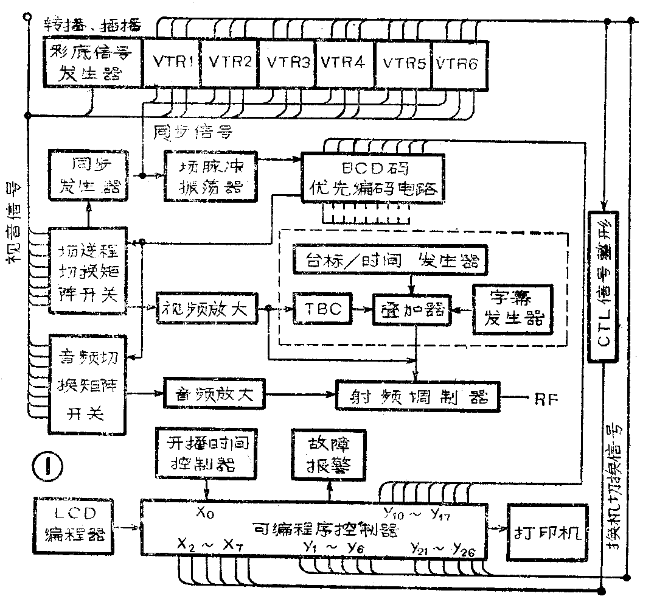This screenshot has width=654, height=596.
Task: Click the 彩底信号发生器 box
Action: click(x=94, y=63)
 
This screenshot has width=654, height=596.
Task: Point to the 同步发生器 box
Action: click(x=89, y=175)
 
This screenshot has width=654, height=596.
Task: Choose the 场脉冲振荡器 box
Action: click(x=209, y=175)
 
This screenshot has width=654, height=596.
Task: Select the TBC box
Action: click(x=322, y=309)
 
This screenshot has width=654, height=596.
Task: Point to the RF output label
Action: click(x=545, y=399)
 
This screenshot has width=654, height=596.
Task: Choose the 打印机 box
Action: click(x=547, y=532)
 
